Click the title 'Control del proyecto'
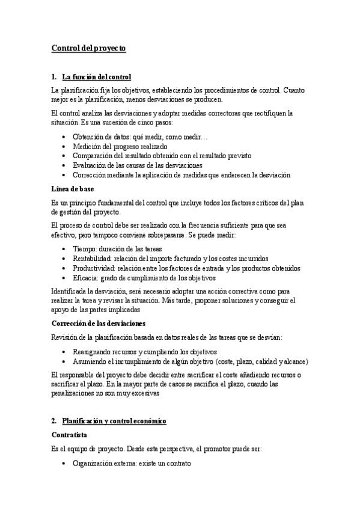point(88,49)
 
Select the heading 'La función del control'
point(96,78)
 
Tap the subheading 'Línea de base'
point(73,189)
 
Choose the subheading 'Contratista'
point(70,434)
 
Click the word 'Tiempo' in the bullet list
point(83,249)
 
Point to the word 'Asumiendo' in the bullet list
point(88,361)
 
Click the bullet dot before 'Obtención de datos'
point(65,137)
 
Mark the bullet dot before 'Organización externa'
point(65,464)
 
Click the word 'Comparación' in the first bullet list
point(91,156)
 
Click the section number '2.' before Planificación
point(54,420)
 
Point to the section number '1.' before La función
point(54,78)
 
